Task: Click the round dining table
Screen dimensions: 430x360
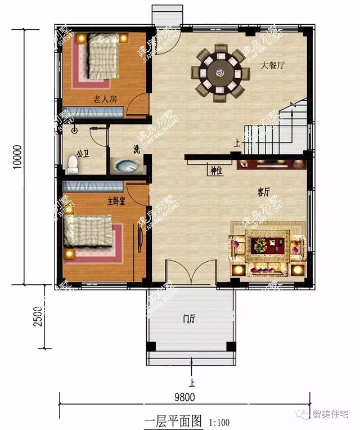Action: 220,73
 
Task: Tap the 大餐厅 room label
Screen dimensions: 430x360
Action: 273,65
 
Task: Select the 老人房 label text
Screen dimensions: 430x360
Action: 105,100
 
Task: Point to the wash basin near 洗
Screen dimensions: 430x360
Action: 125,166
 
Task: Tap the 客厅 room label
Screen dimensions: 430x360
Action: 264,192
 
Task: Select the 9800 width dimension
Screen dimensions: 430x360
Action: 184,396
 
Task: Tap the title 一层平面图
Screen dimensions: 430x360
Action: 173,420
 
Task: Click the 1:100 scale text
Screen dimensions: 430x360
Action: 219,422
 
